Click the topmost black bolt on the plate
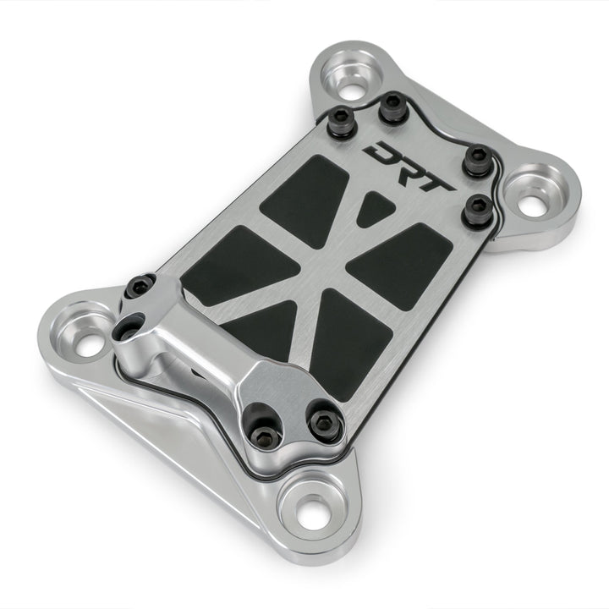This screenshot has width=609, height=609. [x=392, y=106]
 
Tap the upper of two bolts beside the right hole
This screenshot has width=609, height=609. [x=478, y=159]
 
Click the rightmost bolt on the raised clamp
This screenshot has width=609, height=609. [x=325, y=424]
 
